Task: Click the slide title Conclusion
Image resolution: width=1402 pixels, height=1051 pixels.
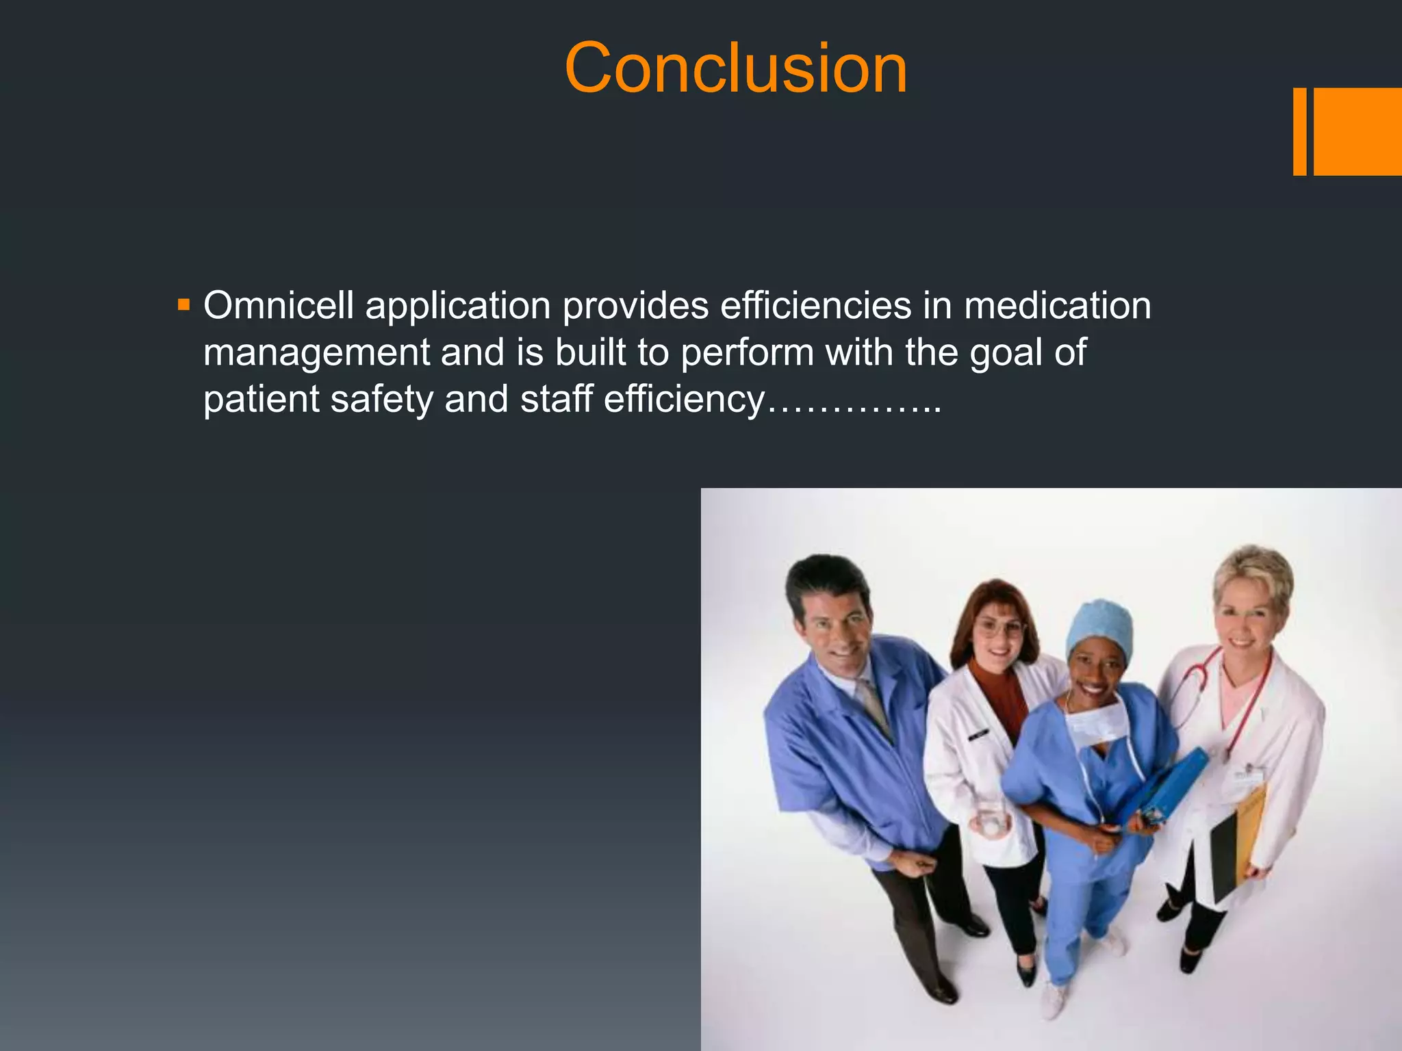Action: pyautogui.click(x=735, y=68)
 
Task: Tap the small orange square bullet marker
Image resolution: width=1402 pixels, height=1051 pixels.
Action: pyautogui.click(x=183, y=304)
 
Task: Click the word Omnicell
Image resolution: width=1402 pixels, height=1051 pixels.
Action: pyautogui.click(x=279, y=306)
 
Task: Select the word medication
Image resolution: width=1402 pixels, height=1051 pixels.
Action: pyautogui.click(x=1057, y=306)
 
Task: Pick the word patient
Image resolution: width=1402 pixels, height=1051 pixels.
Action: pyautogui.click(x=261, y=400)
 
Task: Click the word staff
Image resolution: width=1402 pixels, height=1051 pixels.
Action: pyautogui.click(x=556, y=400)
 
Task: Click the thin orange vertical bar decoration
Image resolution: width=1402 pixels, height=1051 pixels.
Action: pyautogui.click(x=1299, y=131)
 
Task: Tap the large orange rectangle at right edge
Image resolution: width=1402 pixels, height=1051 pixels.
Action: pyautogui.click(x=1358, y=131)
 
